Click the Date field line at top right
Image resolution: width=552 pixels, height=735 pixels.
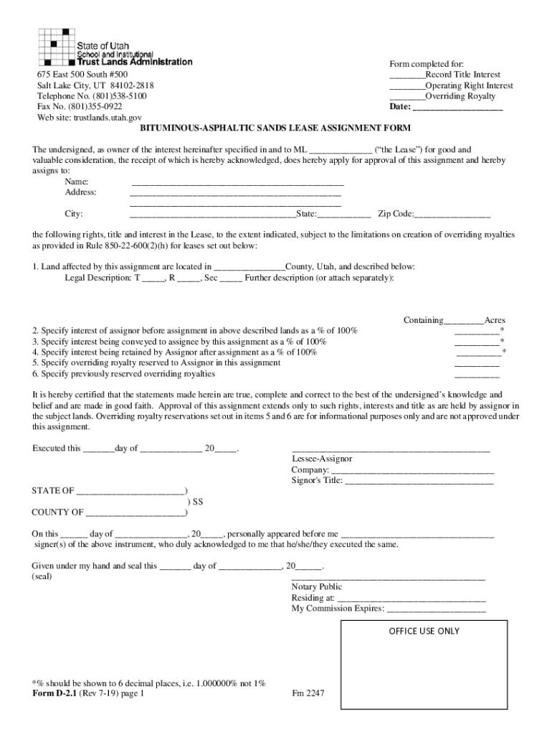coord(458,108)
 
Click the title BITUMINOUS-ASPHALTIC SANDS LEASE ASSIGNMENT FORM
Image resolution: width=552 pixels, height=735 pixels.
coord(275,128)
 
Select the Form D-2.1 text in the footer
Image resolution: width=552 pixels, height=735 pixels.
coord(53,694)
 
